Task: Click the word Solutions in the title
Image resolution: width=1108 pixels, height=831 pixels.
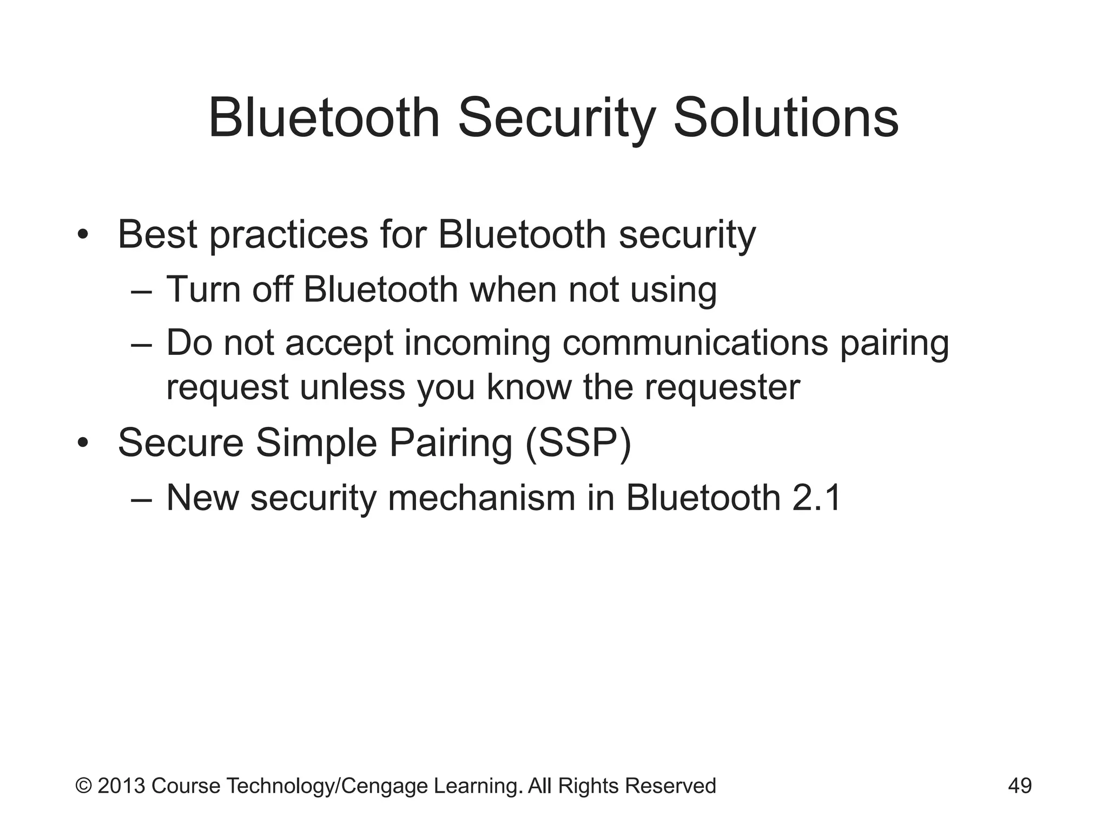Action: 786,118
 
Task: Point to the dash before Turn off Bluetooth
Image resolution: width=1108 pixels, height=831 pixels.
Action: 142,291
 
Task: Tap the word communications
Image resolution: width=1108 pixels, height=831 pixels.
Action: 695,342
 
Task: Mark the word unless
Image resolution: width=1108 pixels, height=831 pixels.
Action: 352,387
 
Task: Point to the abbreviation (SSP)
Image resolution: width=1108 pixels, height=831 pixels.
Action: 578,444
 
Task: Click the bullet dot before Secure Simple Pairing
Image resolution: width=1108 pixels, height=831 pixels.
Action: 82,443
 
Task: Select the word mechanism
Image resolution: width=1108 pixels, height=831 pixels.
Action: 482,498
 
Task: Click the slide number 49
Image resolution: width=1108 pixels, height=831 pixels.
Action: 1020,786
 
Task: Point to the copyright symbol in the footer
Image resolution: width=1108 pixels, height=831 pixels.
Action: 83,786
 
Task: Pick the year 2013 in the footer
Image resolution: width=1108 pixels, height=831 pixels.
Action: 121,786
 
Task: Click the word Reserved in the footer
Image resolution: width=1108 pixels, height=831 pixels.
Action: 670,786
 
